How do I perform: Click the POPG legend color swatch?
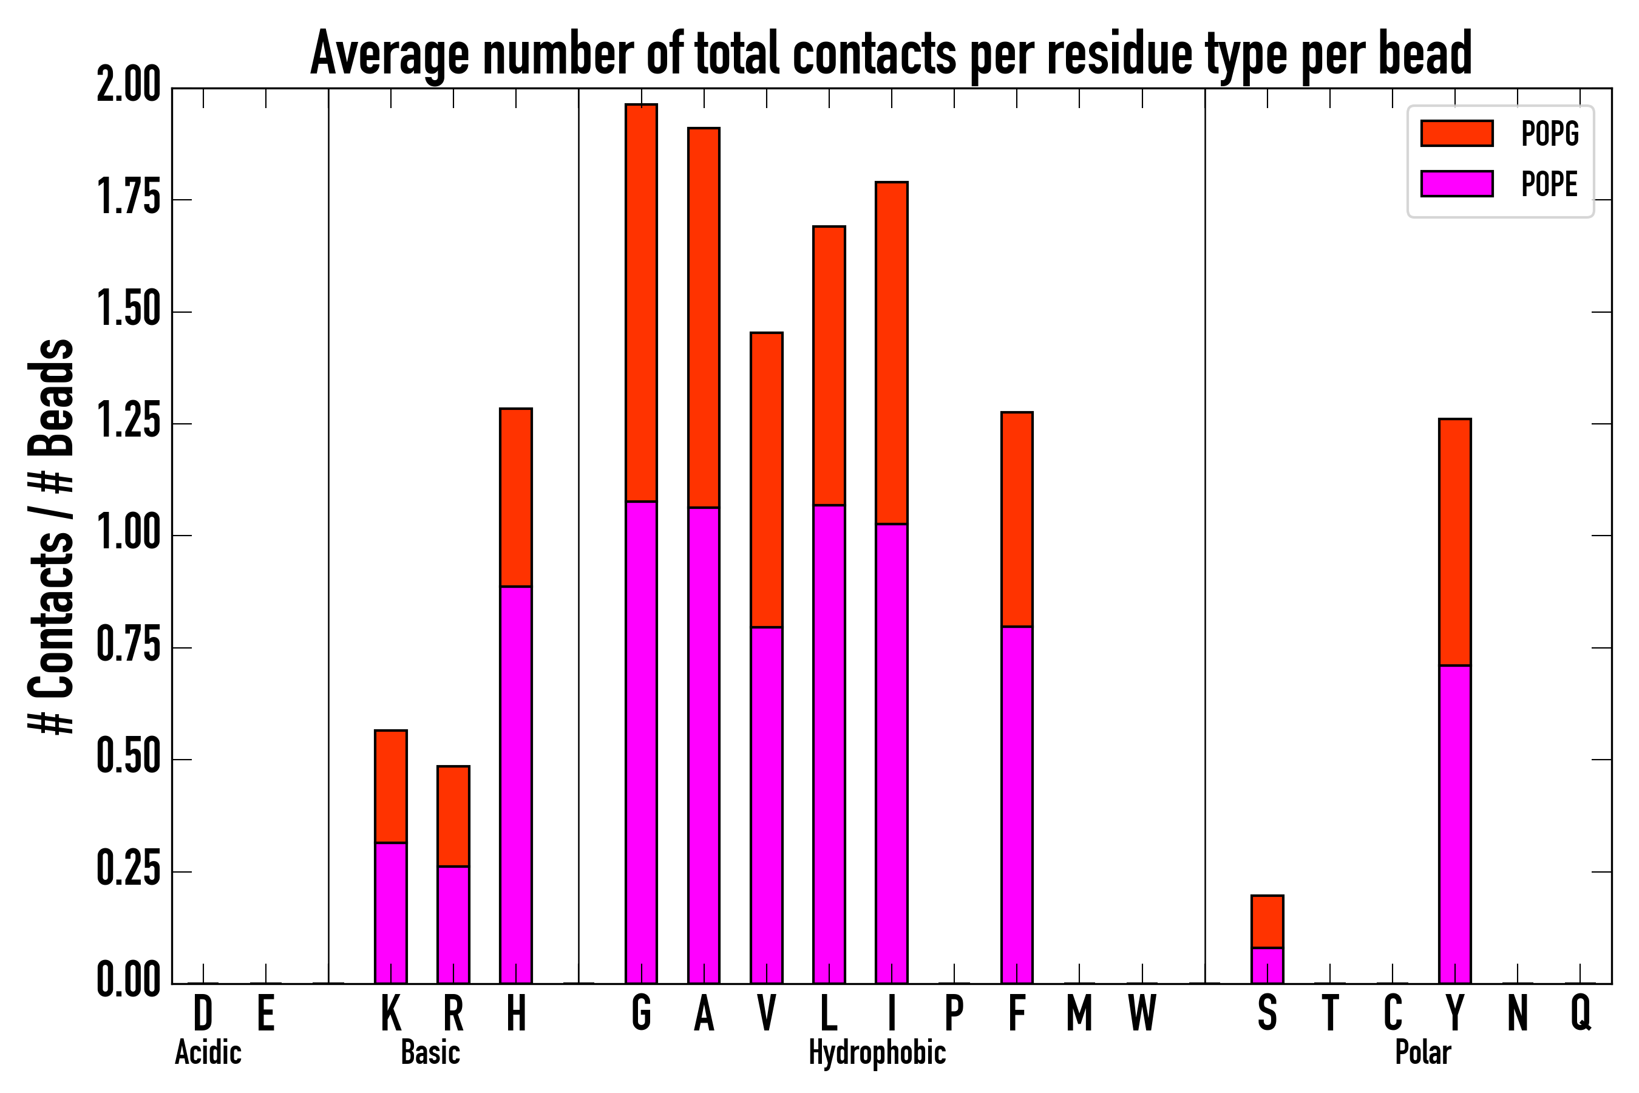pos(1456,133)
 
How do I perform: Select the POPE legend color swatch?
pos(1456,183)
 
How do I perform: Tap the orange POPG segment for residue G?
pos(641,302)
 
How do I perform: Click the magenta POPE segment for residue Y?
pos(1455,824)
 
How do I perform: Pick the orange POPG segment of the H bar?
pos(515,497)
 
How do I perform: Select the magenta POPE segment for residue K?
pos(391,913)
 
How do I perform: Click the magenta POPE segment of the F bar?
pos(1017,805)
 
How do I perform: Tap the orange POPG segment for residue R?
pos(453,816)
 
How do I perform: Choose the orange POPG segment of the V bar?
pos(767,480)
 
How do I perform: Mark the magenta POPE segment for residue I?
pos(891,753)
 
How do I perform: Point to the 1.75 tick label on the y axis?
pos(129,199)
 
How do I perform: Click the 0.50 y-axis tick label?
pos(129,759)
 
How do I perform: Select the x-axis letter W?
pos(1142,1013)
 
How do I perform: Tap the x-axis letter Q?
pos(1581,1013)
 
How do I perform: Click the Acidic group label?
pos(208,1052)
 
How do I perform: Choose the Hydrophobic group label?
pos(877,1052)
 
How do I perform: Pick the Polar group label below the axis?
pos(1423,1052)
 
